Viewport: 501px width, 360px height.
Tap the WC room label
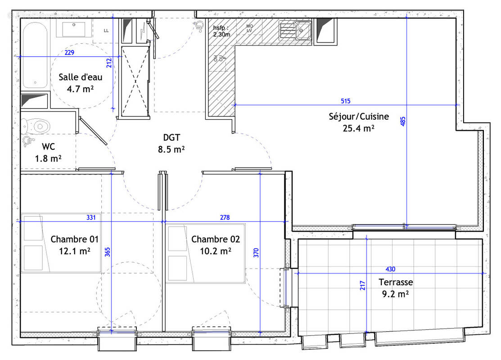(48, 147)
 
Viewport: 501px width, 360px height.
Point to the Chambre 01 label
(74, 239)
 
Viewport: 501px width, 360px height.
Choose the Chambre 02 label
(215, 239)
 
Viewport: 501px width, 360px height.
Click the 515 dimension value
(346, 101)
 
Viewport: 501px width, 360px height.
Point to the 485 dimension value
(403, 121)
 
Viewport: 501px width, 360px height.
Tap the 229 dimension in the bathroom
(69, 53)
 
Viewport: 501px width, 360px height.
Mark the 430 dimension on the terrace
(391, 269)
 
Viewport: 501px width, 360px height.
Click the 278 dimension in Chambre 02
(225, 217)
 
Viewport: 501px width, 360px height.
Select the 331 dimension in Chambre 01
(91, 217)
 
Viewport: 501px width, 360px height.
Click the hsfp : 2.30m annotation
(221, 31)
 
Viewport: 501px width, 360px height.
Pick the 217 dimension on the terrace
(363, 285)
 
